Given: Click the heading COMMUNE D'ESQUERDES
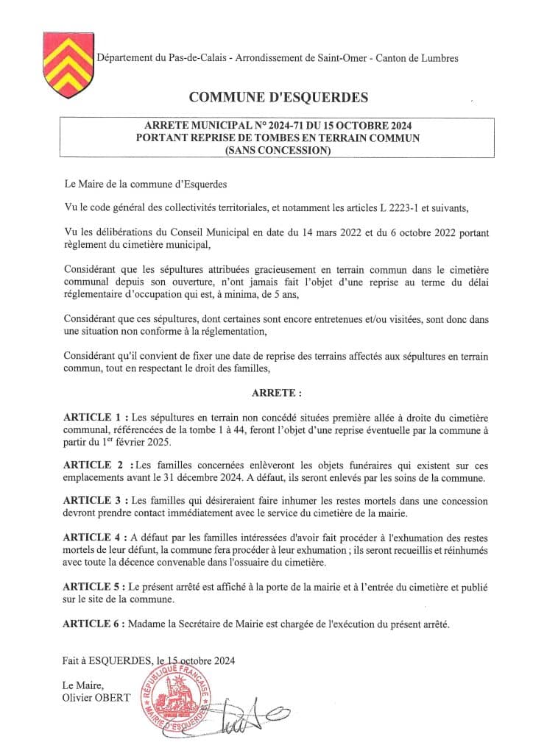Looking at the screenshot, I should coord(278,97).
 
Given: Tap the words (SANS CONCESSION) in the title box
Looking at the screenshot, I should coord(278,151).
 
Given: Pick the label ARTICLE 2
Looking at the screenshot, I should coord(93,465).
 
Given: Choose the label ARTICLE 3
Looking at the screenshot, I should coord(93,501).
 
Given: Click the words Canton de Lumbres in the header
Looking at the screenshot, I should coord(427,57).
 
